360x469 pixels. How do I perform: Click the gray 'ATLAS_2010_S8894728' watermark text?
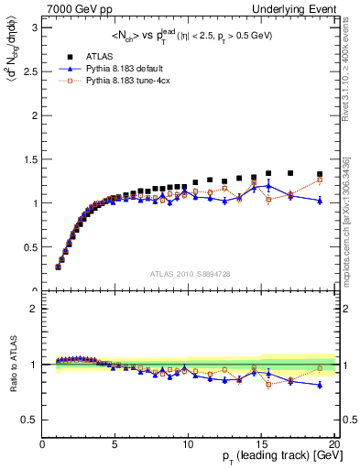click(189, 274)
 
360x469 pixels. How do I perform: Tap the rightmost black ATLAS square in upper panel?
click(320, 174)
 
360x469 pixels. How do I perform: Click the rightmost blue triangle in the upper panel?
click(320, 201)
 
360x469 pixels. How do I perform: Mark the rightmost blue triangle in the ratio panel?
click(320, 385)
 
